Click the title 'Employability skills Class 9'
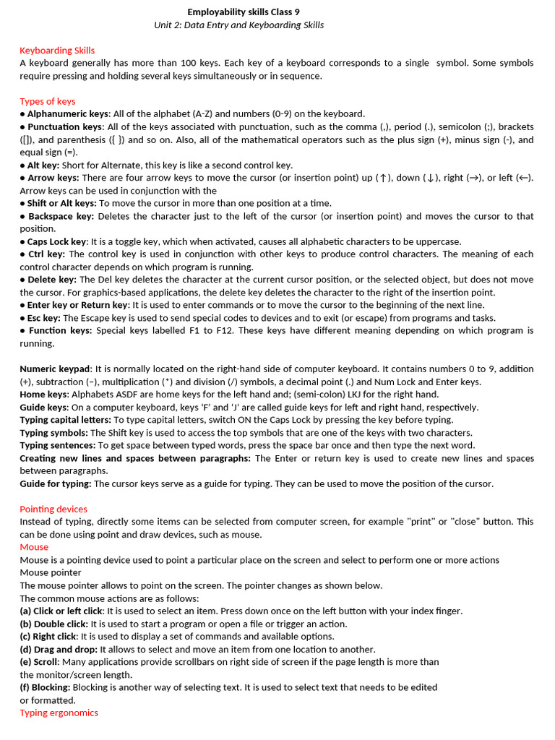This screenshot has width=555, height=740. pyautogui.click(x=243, y=12)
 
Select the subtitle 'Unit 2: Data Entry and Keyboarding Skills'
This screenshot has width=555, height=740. pyautogui.click(x=238, y=25)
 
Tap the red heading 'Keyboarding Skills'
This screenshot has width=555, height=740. pyautogui.click(x=57, y=51)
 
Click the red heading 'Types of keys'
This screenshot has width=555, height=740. pyautogui.click(x=48, y=101)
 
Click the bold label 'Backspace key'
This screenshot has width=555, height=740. pyautogui.click(x=61, y=216)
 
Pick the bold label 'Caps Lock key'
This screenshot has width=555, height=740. pyautogui.click(x=57, y=241)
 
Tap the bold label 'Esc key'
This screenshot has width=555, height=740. pyautogui.click(x=43, y=318)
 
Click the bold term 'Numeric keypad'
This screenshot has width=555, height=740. pyautogui.click(x=55, y=369)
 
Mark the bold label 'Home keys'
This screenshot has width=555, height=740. pyautogui.click(x=43, y=395)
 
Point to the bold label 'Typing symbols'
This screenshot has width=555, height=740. pyautogui.click(x=53, y=433)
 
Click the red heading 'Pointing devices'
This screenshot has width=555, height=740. pyautogui.click(x=53, y=509)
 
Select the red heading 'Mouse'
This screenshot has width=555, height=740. pyautogui.click(x=34, y=547)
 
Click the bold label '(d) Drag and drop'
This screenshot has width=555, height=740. pyautogui.click(x=58, y=650)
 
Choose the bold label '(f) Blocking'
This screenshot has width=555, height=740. pyautogui.click(x=45, y=687)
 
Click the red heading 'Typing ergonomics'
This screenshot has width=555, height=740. pyautogui.click(x=59, y=713)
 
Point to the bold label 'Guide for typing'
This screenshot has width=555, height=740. pyautogui.click(x=55, y=483)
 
